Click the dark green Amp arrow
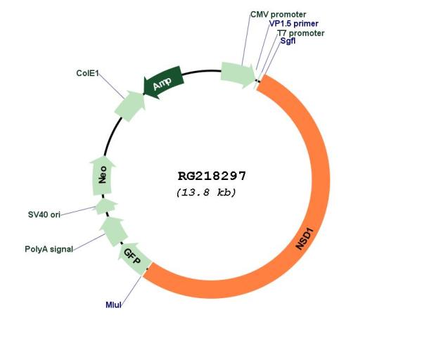click(163, 82)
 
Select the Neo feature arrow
click(102, 175)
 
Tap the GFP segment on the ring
click(134, 259)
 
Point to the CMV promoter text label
click(278, 14)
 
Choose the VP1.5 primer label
click(293, 24)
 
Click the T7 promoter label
click(301, 33)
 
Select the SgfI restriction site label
click(288, 41)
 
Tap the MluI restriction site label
click(113, 305)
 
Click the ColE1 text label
click(87, 73)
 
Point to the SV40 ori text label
click(44, 214)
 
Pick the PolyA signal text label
click(49, 249)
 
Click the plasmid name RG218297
click(212, 176)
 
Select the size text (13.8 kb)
click(206, 193)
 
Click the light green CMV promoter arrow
click(238, 75)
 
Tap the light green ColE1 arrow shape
click(130, 105)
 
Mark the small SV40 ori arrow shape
click(105, 207)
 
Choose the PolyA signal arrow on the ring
click(113, 231)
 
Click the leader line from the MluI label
click(131, 290)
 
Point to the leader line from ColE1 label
click(112, 86)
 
